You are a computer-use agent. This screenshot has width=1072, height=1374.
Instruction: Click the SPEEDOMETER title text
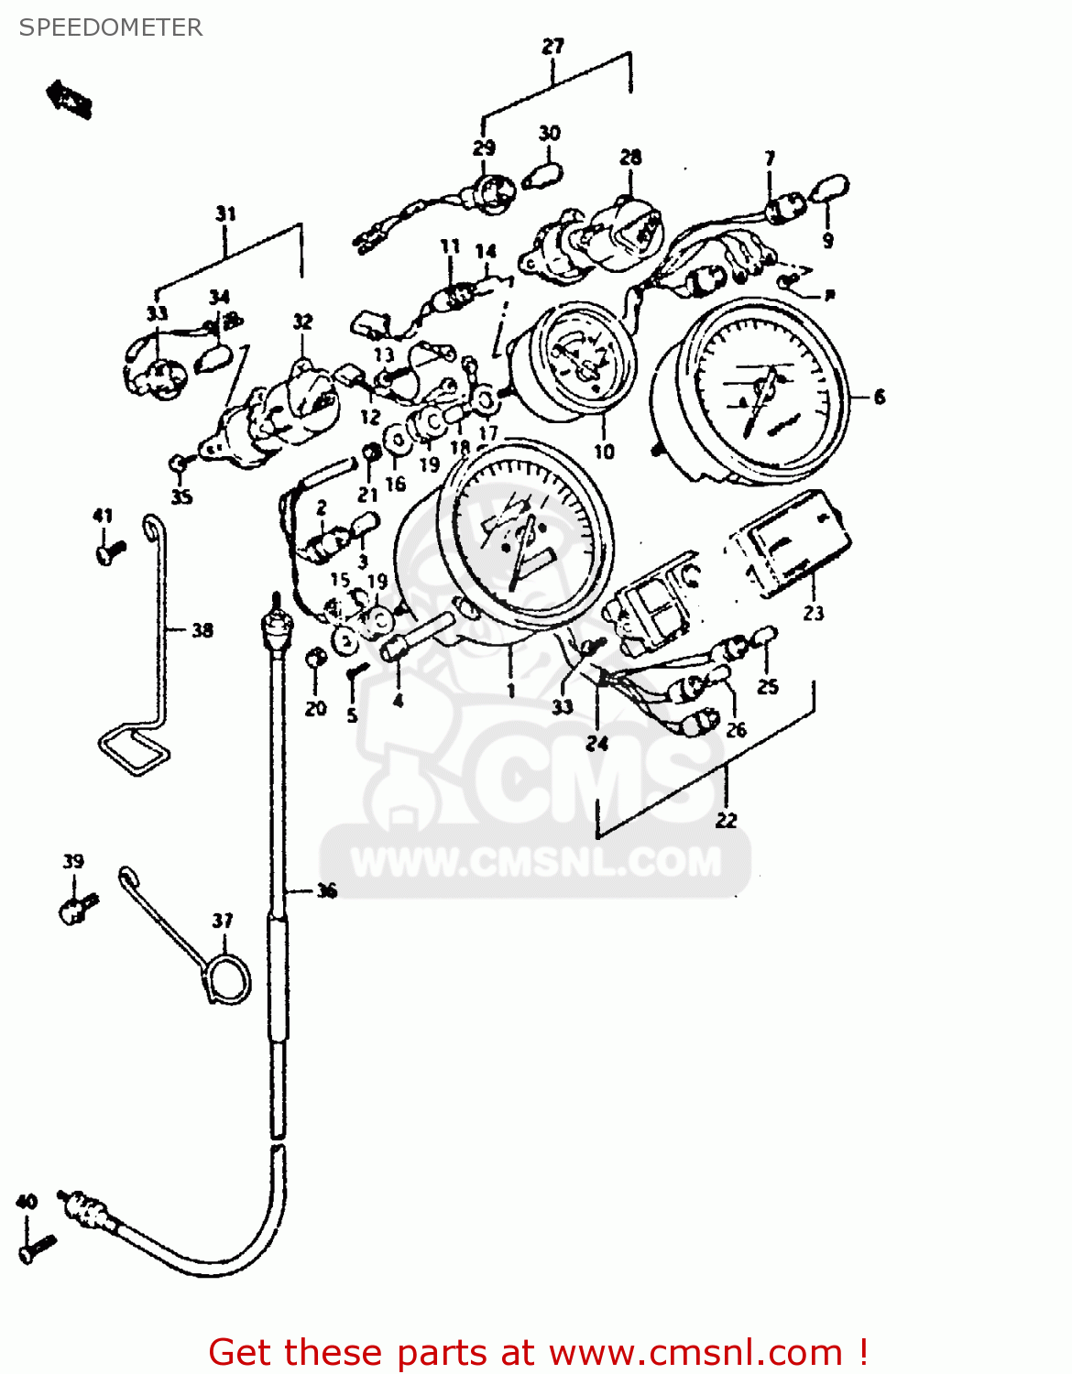(110, 27)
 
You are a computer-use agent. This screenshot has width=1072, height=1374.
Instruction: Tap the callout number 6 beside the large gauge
(880, 397)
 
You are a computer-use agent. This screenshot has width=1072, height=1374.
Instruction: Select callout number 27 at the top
(552, 46)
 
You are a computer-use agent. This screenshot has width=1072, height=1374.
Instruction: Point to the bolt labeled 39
(77, 908)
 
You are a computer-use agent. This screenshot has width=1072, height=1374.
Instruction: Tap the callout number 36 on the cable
(326, 890)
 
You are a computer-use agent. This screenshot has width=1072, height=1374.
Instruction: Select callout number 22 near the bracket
(726, 820)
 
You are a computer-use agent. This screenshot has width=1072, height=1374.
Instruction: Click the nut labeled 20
(314, 658)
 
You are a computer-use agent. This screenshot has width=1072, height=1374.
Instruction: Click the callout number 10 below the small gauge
(604, 451)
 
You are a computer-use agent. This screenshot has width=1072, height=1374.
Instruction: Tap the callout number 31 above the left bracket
(225, 213)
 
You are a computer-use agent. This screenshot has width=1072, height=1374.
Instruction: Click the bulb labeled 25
(765, 637)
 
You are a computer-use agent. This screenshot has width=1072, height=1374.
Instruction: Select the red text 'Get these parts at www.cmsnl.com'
(538, 1352)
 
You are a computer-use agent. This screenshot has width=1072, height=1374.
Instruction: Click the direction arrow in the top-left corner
(70, 98)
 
